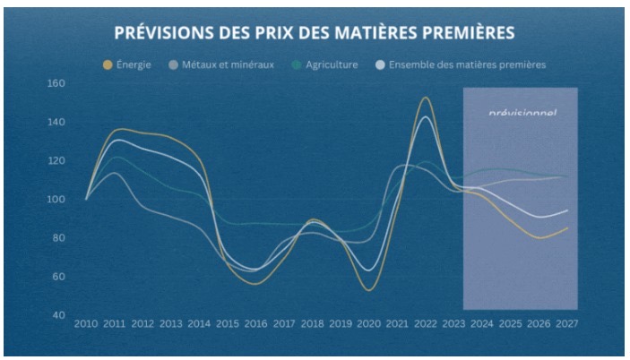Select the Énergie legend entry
[134, 64]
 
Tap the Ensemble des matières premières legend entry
[467, 64]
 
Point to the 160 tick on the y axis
[56, 84]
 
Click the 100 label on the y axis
[56, 200]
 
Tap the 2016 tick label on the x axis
[255, 322]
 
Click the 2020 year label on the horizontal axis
[367, 322]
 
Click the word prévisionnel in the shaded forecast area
[522, 114]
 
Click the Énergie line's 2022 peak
[425, 98]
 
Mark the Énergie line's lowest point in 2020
[368, 290]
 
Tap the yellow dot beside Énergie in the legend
[108, 64]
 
